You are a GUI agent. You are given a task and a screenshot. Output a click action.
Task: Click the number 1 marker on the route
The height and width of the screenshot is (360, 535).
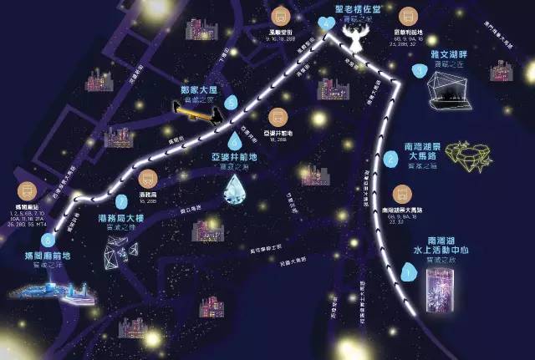coord(407,270)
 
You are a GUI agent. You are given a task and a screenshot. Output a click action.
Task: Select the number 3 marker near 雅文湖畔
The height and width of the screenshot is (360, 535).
coord(418,71)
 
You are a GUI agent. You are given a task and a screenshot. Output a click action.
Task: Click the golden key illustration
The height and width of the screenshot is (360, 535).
coord(198,109)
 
